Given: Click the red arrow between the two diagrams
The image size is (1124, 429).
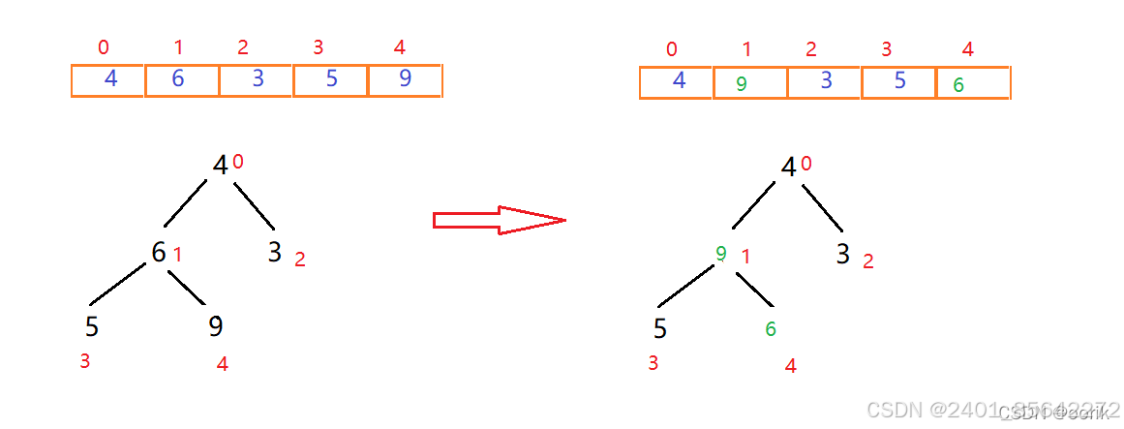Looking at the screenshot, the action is click(x=499, y=221).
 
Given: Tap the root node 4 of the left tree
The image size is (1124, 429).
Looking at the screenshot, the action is click(x=221, y=166).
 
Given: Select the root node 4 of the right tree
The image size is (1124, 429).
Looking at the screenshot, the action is click(x=789, y=168).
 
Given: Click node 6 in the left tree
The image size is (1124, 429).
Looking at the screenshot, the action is click(x=159, y=252).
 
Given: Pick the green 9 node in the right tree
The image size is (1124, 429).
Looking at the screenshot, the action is click(x=721, y=254).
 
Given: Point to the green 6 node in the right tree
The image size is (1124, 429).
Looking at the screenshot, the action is click(x=771, y=329).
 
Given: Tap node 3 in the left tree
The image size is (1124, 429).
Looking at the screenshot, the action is click(x=274, y=253).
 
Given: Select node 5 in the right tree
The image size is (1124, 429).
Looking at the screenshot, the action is click(x=659, y=329).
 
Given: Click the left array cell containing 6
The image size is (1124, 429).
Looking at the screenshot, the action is click(x=182, y=80).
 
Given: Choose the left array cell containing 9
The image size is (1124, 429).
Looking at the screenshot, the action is click(x=405, y=80).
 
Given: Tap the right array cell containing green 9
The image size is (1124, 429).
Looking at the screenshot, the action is click(x=749, y=83).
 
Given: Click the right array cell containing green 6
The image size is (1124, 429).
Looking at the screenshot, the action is click(x=972, y=83).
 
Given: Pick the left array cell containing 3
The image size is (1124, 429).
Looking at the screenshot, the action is click(x=257, y=80).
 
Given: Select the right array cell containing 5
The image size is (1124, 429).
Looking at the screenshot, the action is click(x=898, y=82).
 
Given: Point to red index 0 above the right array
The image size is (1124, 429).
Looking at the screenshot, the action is click(x=672, y=49).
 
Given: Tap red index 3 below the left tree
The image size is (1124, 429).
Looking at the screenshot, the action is click(x=85, y=361).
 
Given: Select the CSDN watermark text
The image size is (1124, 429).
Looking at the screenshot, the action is click(x=992, y=410).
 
